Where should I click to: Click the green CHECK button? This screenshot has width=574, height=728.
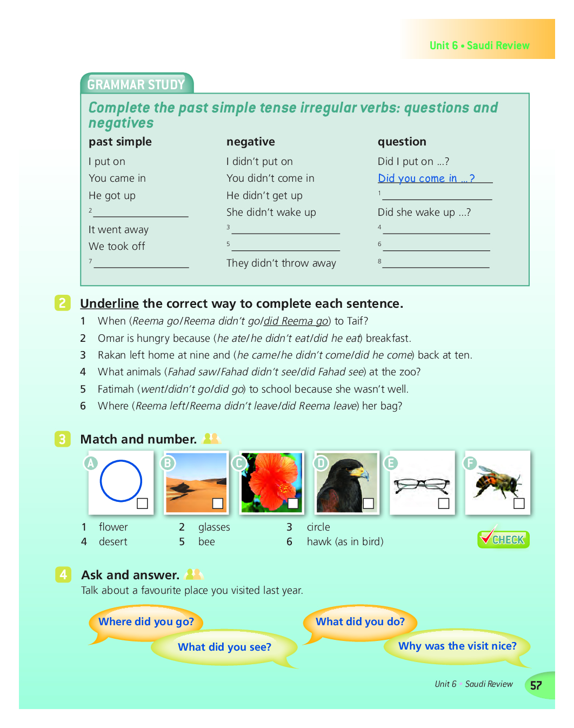click(x=503, y=539)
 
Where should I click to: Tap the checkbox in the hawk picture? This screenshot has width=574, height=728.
click(x=369, y=504)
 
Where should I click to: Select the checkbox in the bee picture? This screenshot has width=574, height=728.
click(x=519, y=504)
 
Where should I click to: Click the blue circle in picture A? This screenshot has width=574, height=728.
click(x=121, y=481)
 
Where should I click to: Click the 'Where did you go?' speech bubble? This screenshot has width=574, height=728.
click(x=146, y=622)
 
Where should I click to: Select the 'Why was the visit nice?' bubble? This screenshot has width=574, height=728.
click(x=457, y=646)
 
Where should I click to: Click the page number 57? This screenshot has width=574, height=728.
click(x=536, y=685)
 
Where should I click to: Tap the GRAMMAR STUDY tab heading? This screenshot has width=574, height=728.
click(x=136, y=84)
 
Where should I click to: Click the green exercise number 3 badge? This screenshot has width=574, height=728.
click(x=62, y=439)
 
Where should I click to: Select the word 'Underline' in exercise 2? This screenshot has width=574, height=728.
click(x=110, y=303)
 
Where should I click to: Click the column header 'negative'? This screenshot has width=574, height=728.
click(x=251, y=142)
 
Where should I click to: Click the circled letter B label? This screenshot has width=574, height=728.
click(x=168, y=463)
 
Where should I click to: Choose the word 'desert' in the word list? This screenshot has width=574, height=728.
click(x=113, y=541)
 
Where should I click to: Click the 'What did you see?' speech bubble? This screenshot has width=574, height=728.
click(x=224, y=647)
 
